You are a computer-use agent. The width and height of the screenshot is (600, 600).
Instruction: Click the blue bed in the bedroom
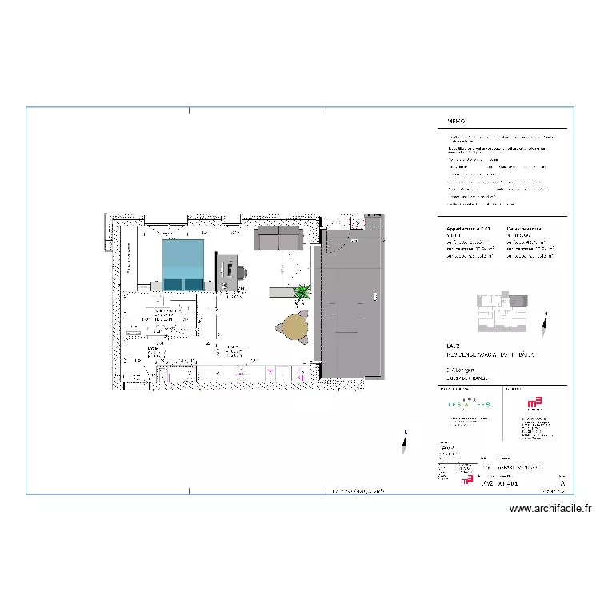click(x=183, y=265)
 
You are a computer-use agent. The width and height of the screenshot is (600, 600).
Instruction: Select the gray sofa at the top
click(x=278, y=237)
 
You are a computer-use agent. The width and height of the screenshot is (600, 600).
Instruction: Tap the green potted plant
click(x=302, y=293)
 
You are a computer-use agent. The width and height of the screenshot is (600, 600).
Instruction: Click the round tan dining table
click(x=294, y=326)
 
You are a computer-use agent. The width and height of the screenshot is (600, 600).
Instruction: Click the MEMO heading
click(x=456, y=122)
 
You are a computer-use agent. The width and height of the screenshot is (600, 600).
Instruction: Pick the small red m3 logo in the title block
click(x=466, y=482)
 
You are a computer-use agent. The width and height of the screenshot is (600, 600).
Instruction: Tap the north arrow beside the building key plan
click(x=545, y=324)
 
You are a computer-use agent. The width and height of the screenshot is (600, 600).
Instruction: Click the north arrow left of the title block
click(x=405, y=437)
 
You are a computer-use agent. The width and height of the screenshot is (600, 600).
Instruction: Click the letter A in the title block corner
click(x=563, y=484)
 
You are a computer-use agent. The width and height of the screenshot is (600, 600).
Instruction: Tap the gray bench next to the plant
click(x=284, y=292)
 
